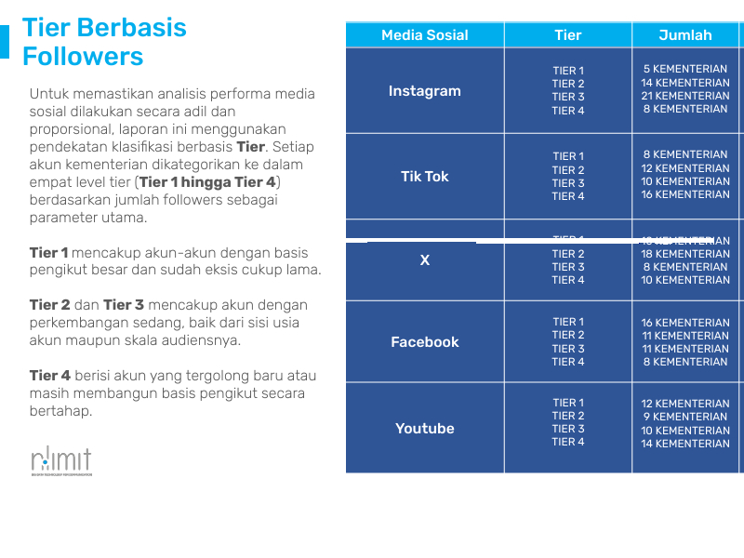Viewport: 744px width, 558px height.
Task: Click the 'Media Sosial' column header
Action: (x=424, y=35)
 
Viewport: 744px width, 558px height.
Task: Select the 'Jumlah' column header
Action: (x=684, y=35)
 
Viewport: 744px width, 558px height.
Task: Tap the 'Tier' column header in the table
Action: (x=567, y=35)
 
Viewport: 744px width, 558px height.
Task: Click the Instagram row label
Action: (x=424, y=91)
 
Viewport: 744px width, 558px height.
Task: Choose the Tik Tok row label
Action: (x=424, y=177)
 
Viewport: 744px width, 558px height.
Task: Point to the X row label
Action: (x=424, y=260)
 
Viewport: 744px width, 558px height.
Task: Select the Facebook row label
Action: (x=424, y=342)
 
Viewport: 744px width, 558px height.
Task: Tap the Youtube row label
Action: (x=424, y=429)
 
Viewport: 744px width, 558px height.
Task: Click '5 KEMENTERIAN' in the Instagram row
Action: (x=685, y=70)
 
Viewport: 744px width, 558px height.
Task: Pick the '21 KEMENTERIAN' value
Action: (x=685, y=96)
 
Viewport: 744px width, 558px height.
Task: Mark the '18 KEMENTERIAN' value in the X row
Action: (x=685, y=254)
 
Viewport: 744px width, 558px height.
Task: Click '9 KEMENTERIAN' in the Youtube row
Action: (x=685, y=417)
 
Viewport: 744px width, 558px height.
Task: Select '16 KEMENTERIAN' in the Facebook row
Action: (x=685, y=323)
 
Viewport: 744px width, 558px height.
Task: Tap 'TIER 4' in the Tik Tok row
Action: (x=567, y=196)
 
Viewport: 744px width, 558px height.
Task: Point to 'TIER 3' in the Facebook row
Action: (x=567, y=349)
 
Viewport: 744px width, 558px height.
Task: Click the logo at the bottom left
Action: (x=60, y=460)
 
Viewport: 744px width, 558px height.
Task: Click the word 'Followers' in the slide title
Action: (x=83, y=57)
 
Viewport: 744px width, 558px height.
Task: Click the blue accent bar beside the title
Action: (x=5, y=42)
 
